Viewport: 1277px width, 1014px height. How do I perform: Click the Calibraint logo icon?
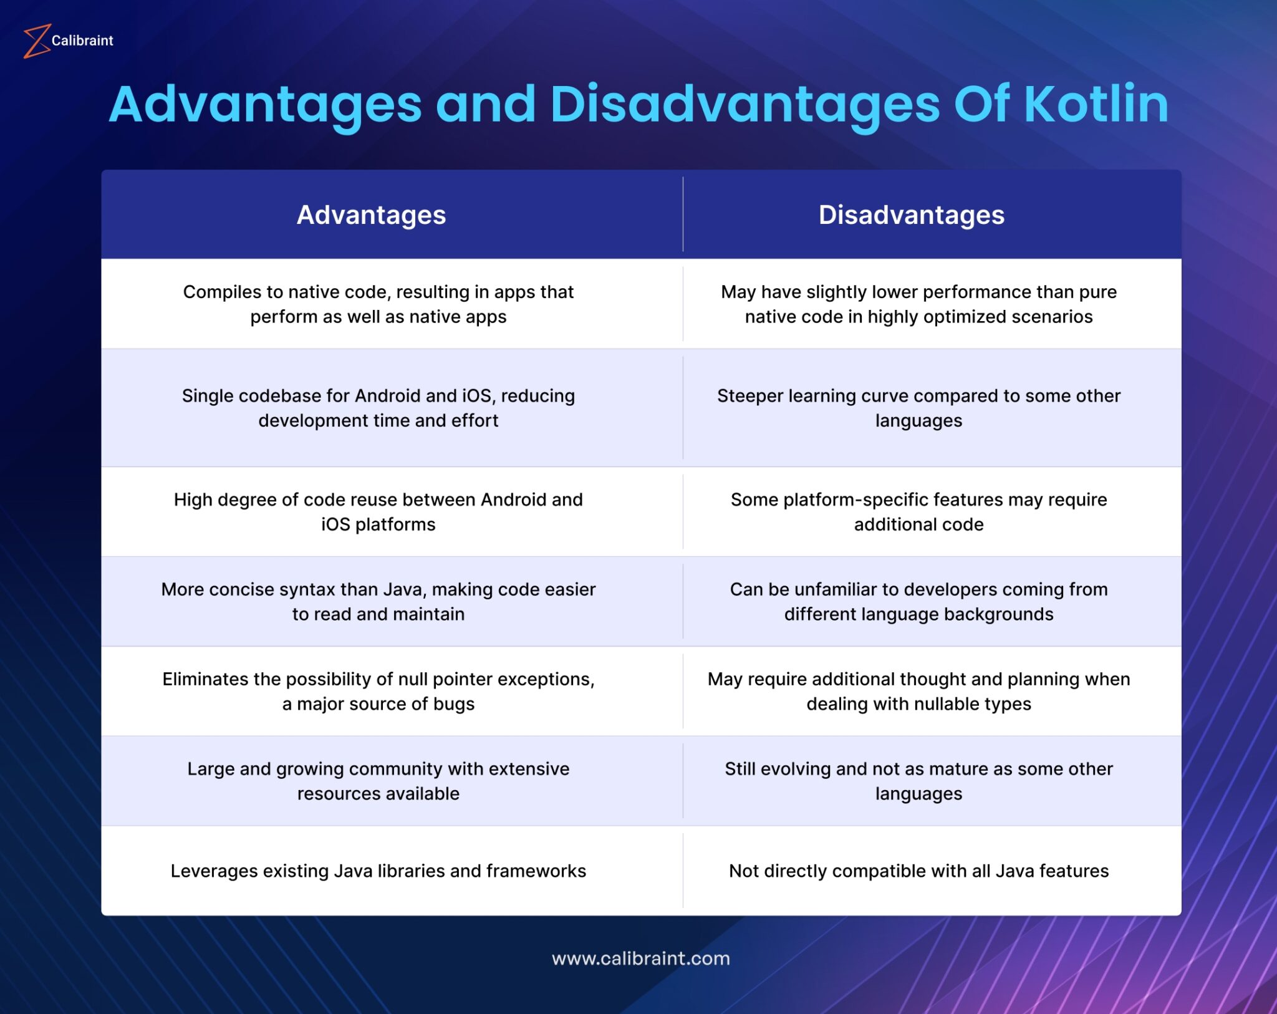coord(36,41)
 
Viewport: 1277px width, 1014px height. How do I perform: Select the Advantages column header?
coord(371,215)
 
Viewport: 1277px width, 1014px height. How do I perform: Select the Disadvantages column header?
coord(911,215)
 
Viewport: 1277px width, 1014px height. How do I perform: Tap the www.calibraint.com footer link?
coord(640,958)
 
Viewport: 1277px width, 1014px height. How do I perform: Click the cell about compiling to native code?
coord(378,304)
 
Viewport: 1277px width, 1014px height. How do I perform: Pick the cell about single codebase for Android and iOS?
coord(378,408)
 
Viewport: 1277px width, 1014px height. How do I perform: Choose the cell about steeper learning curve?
coord(918,408)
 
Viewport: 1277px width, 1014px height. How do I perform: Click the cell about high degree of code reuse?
coord(378,512)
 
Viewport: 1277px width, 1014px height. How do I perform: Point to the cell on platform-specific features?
coord(918,512)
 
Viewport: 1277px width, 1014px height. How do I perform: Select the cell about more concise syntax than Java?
coord(378,602)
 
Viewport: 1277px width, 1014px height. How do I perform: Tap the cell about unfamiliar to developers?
coord(918,602)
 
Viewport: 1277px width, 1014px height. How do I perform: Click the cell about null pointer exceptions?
coord(378,692)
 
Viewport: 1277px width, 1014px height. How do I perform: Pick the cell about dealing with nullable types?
coord(918,692)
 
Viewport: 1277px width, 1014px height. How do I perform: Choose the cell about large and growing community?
coord(378,781)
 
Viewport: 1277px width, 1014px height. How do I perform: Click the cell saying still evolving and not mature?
coord(918,781)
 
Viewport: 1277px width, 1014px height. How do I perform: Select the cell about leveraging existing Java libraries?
coord(378,871)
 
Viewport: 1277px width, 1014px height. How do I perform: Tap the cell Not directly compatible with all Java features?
coord(918,871)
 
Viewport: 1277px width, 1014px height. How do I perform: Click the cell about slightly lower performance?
coord(918,304)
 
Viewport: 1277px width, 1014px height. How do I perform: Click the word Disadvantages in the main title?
coord(745,104)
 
